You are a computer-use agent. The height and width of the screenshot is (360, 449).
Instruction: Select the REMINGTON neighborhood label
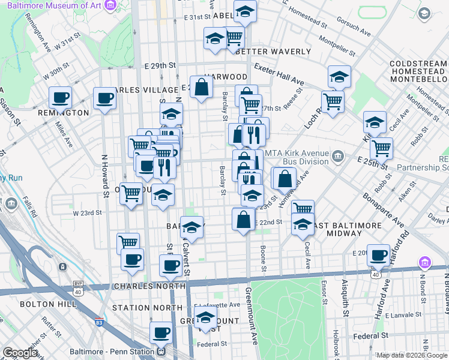tap(63, 113)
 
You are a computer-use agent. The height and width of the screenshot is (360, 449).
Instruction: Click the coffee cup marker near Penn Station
tap(160, 333)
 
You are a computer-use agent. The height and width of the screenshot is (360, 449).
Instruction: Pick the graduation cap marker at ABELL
tap(244, 11)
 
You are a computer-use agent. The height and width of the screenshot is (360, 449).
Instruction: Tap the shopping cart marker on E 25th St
tap(381, 148)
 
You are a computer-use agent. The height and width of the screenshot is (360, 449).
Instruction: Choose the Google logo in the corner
tap(20, 353)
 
